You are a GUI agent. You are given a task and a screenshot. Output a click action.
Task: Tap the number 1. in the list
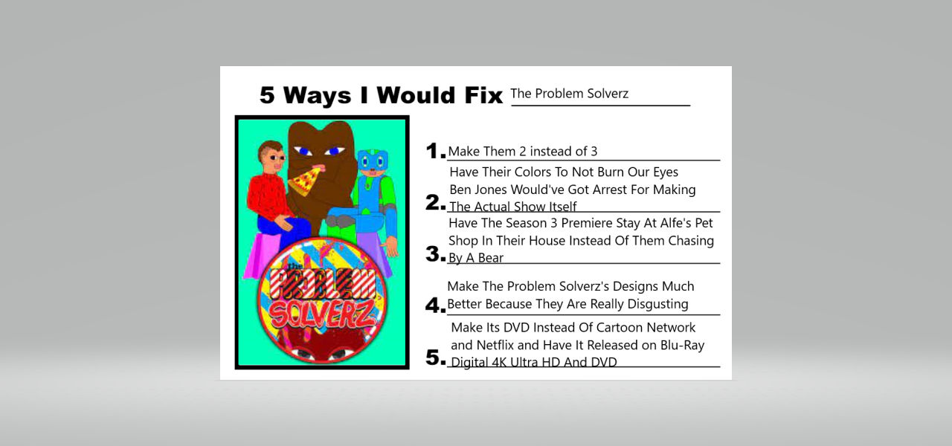(x=435, y=151)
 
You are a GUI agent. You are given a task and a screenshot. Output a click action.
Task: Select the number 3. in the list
(x=435, y=254)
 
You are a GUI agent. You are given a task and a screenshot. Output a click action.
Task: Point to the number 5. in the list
(x=435, y=358)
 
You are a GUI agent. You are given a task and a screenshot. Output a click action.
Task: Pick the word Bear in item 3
(x=491, y=258)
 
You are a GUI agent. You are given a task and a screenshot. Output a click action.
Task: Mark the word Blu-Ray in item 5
(x=682, y=345)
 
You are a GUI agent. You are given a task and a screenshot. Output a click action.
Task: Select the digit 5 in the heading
(x=267, y=95)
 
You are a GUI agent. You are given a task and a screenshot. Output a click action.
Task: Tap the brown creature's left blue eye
(x=304, y=152)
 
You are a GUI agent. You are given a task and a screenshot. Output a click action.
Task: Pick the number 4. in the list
(x=435, y=305)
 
